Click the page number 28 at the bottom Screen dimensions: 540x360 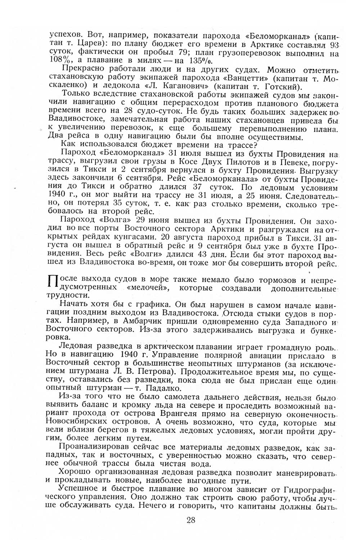(191, 519)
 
